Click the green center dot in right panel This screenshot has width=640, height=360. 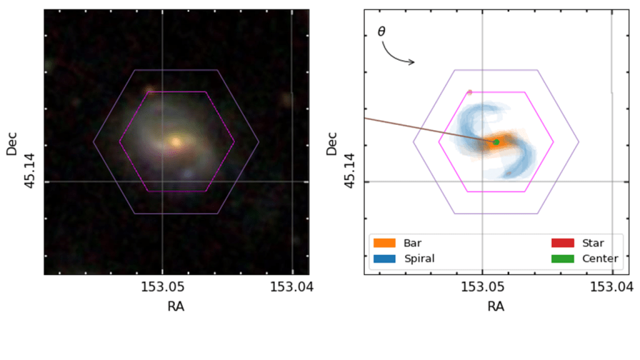[496, 142]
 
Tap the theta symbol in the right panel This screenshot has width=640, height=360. [382, 31]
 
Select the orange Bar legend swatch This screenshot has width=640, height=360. [382, 243]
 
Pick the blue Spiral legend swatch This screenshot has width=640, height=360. [382, 258]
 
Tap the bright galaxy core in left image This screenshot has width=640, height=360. [176, 142]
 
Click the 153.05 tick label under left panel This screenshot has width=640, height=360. [162, 287]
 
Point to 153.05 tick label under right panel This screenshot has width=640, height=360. [482, 287]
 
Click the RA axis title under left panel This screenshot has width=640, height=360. [176, 306]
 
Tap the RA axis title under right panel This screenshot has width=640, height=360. [496, 306]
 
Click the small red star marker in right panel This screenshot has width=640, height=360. [470, 92]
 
